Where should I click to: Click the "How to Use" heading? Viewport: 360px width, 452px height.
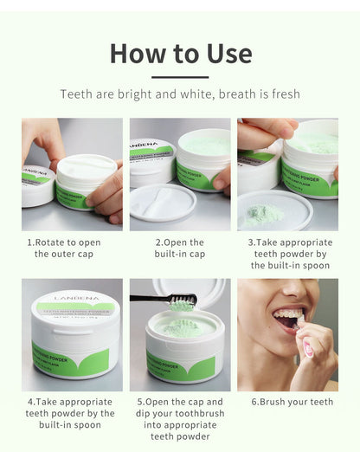point(180,54)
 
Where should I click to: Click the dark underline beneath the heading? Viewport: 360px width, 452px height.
point(180,77)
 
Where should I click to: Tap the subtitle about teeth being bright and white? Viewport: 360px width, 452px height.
point(180,94)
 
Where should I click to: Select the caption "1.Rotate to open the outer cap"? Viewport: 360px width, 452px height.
point(72,249)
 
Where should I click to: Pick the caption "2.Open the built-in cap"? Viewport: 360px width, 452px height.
point(180,249)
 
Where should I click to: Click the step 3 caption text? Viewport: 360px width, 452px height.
point(287,254)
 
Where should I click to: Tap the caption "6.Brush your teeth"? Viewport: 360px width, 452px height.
point(292,403)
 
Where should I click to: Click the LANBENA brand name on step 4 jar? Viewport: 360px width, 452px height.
point(72,299)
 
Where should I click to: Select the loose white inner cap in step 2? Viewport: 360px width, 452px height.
point(161,202)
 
